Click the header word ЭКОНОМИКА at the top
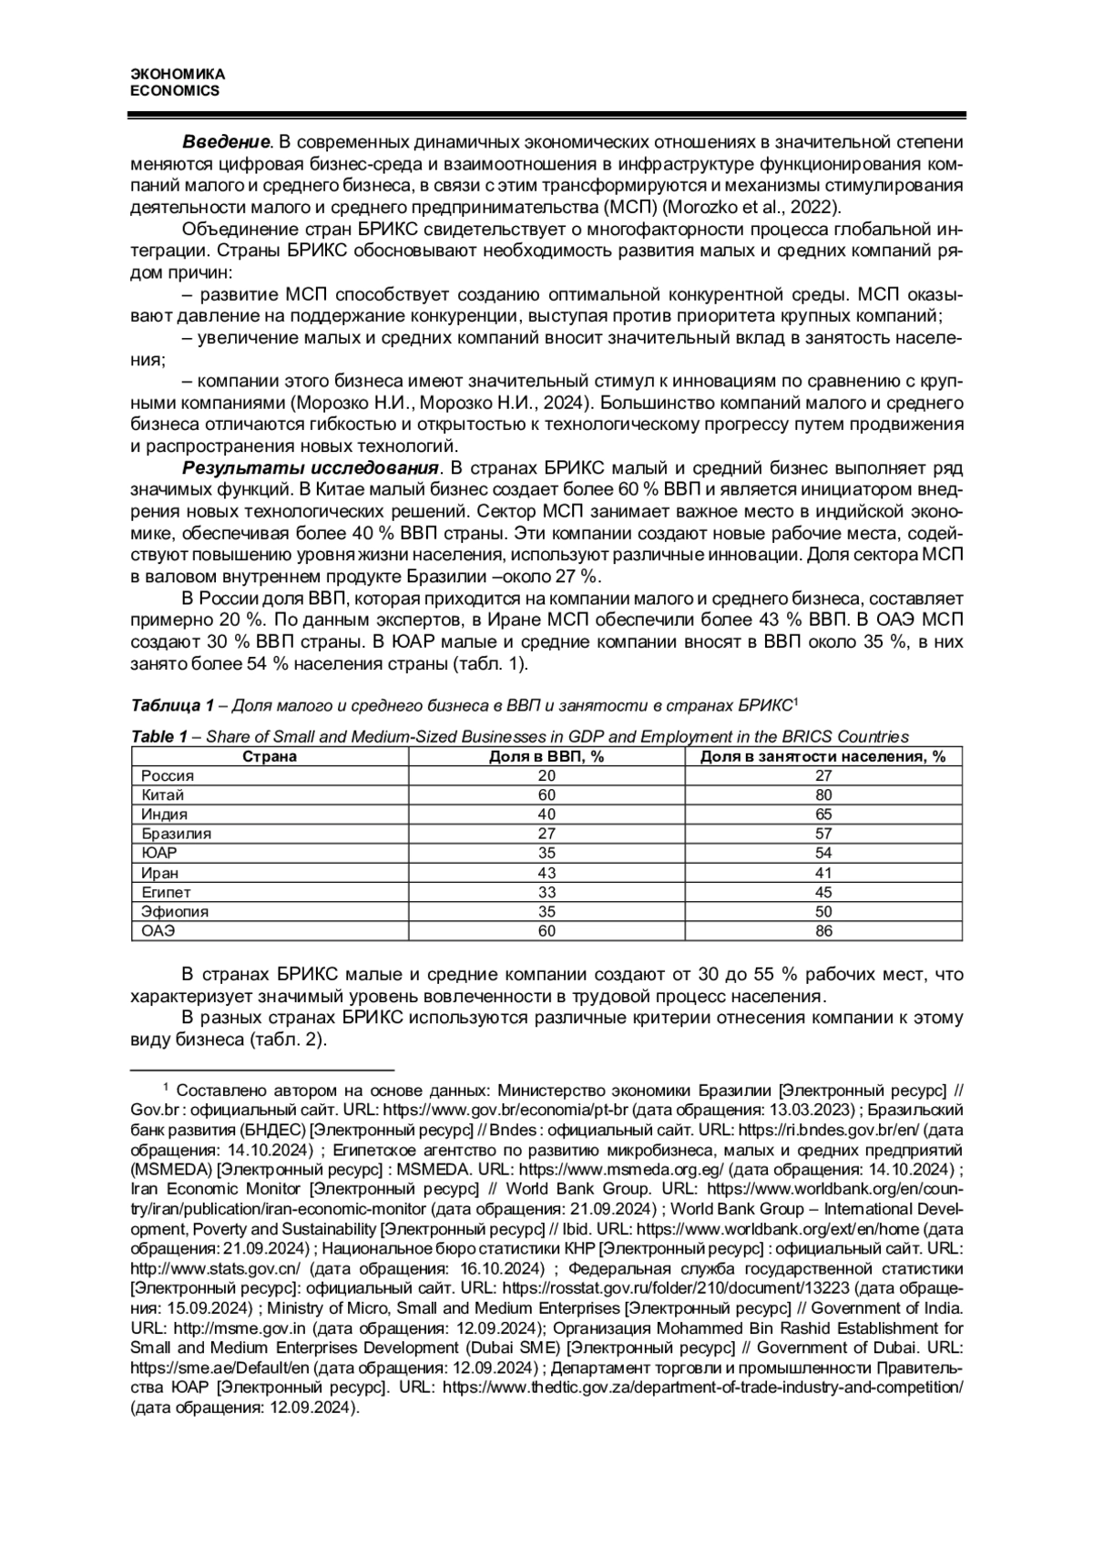178,74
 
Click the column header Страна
270,756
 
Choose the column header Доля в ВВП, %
547,756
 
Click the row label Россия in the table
168,775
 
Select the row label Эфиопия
175,911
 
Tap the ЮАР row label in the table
159,853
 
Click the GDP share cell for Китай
547,794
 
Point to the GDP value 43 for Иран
547,873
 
